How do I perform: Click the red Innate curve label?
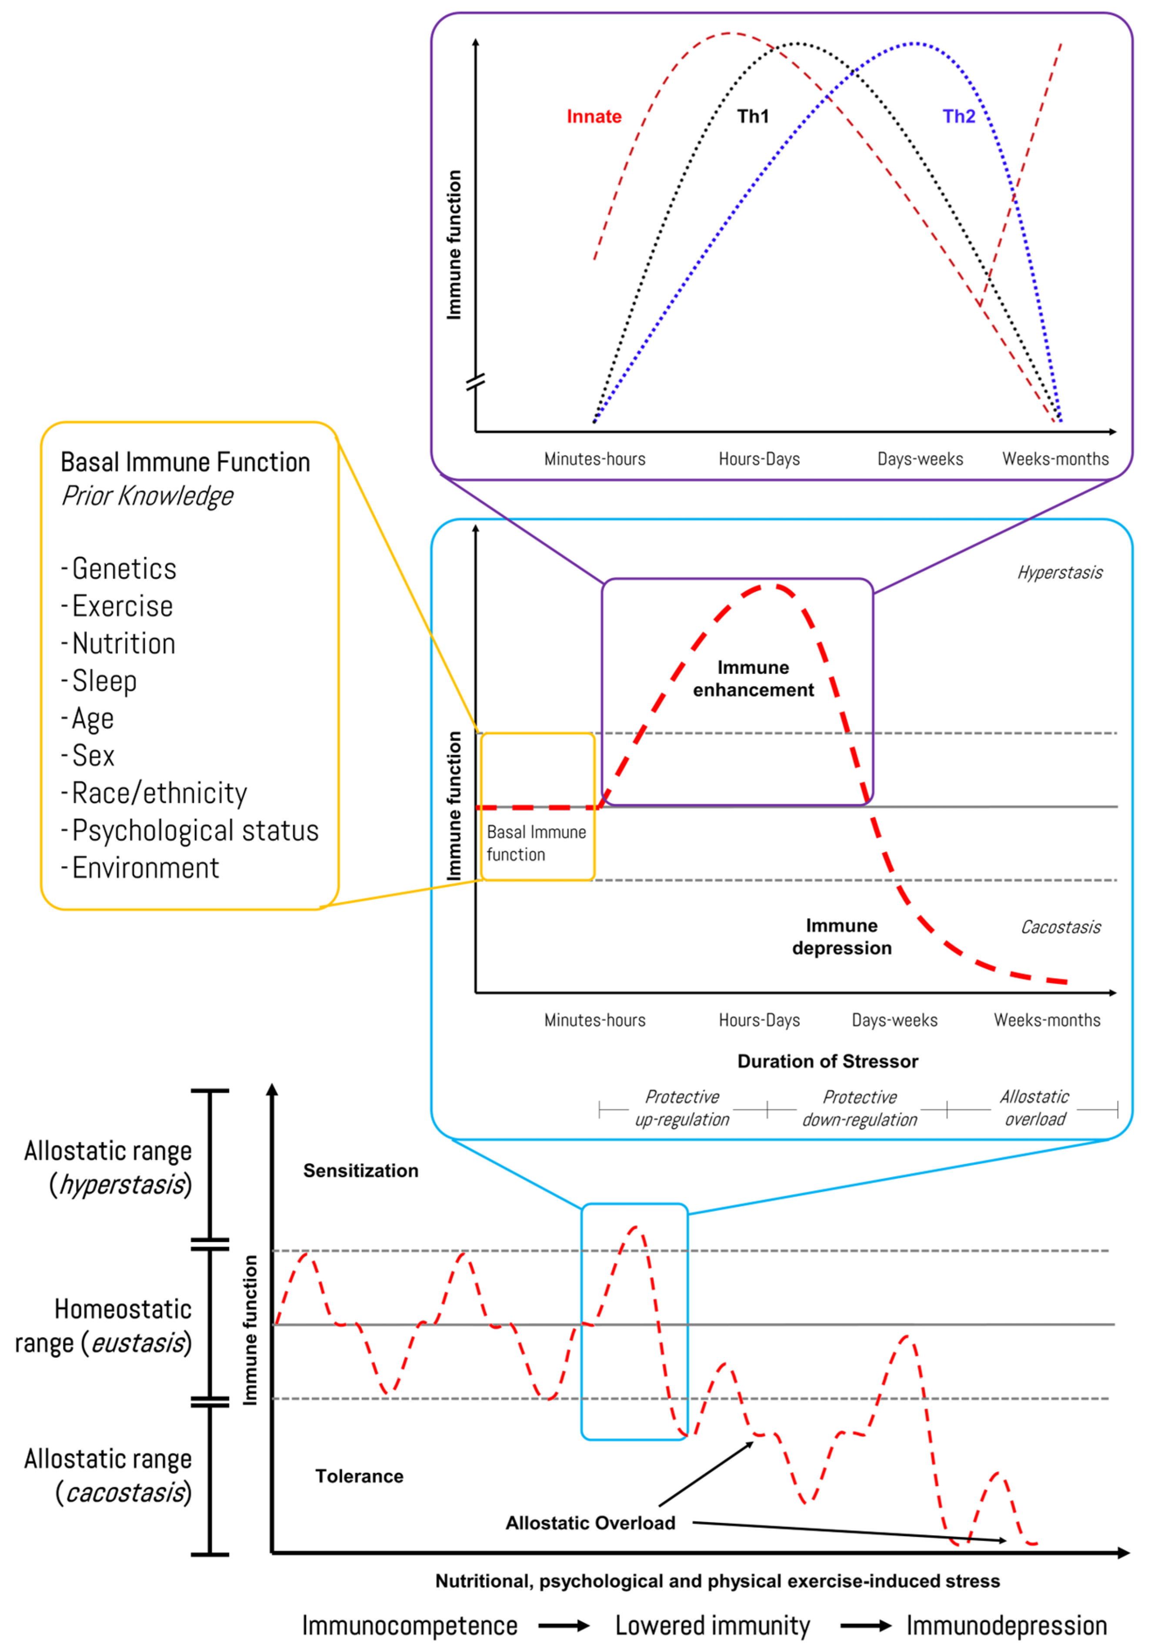click(594, 117)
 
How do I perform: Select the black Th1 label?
click(752, 117)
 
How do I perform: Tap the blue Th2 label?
click(958, 117)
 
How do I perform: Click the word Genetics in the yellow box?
click(123, 569)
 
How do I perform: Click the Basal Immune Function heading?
click(185, 462)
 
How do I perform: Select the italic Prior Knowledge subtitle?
click(147, 496)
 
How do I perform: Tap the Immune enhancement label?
click(753, 678)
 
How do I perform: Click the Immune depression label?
click(841, 937)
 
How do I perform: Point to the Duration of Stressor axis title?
click(827, 1061)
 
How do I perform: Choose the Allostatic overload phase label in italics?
click(1034, 1108)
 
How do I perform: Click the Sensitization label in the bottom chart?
click(360, 1171)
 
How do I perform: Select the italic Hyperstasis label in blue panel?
click(1060, 573)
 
